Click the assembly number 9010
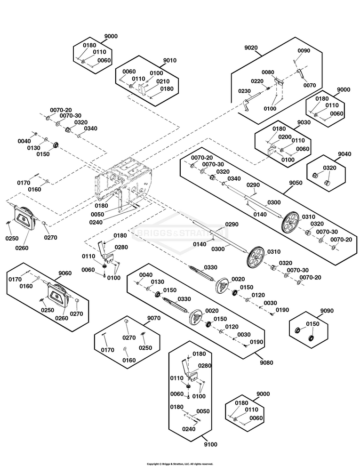[169, 60]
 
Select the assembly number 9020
[251, 48]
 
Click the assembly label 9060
[65, 273]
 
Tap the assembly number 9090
[327, 311]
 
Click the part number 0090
[304, 50]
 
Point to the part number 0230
[245, 91]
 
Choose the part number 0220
[257, 81]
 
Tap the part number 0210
[163, 81]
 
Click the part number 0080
[268, 72]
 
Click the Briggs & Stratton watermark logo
[179, 233]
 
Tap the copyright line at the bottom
[180, 464]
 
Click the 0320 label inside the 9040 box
[329, 168]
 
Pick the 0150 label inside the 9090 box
[312, 324]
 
